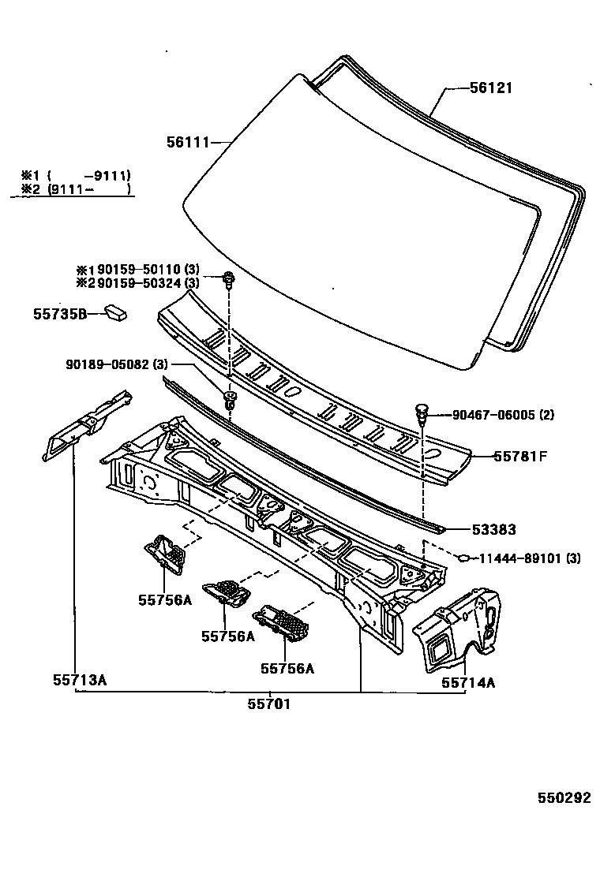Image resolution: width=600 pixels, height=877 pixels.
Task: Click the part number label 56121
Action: [x=490, y=88]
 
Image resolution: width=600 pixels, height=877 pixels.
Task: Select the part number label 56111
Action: [x=187, y=143]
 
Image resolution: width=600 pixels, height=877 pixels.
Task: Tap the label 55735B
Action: [x=59, y=314]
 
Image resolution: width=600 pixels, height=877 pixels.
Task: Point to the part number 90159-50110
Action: [x=137, y=270]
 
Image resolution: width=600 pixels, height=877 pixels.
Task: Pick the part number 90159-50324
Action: [x=137, y=282]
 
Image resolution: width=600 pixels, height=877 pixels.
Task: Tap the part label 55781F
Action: [x=520, y=455]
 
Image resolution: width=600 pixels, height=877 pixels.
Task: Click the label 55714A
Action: [x=467, y=683]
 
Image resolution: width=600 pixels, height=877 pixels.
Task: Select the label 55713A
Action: [x=79, y=678]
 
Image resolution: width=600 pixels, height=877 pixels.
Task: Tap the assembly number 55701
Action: [x=269, y=703]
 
